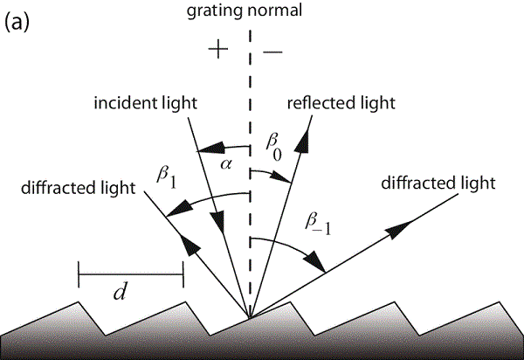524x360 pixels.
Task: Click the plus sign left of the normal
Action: pos(218,50)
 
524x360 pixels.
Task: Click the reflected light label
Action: pos(341,103)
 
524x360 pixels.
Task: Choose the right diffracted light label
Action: pos(439,183)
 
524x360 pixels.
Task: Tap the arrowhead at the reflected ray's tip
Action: pos(307,133)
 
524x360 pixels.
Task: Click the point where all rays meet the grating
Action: pos(251,319)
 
